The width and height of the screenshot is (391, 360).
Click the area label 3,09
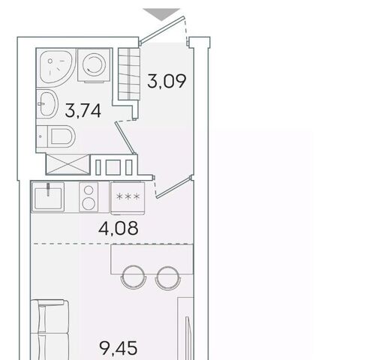tap(167, 81)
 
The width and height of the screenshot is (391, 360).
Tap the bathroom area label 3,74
tap(83, 111)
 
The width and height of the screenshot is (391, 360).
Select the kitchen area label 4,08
tap(118, 228)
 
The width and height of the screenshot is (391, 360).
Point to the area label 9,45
tap(119, 348)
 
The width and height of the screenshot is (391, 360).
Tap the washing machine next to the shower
tap(94, 65)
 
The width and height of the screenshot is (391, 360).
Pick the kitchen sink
tap(48, 197)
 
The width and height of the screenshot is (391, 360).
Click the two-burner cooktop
tap(89, 197)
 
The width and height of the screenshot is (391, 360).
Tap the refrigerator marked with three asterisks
tap(128, 198)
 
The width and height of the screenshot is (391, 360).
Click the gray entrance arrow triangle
tap(161, 14)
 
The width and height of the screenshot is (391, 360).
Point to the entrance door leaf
tap(162, 30)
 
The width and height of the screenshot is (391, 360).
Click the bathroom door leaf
tap(125, 137)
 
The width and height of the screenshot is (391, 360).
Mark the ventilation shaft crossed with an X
tap(68, 164)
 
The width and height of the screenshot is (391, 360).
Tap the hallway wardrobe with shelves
tap(128, 74)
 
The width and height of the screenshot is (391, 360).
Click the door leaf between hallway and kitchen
tap(174, 187)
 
